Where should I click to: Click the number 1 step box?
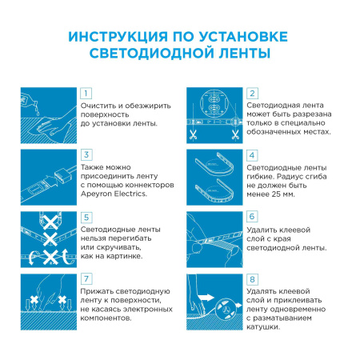pyautogui.click(x=87, y=94)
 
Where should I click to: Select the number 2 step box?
pyautogui.click(x=252, y=94)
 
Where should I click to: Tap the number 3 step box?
pyautogui.click(x=87, y=155)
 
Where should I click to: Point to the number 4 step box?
pyautogui.click(x=252, y=155)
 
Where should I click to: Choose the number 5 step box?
pyautogui.click(x=87, y=217)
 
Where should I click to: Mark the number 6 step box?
pyautogui.click(x=252, y=217)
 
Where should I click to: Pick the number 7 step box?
pyautogui.click(x=87, y=278)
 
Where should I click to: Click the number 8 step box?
pyautogui.click(x=252, y=278)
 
